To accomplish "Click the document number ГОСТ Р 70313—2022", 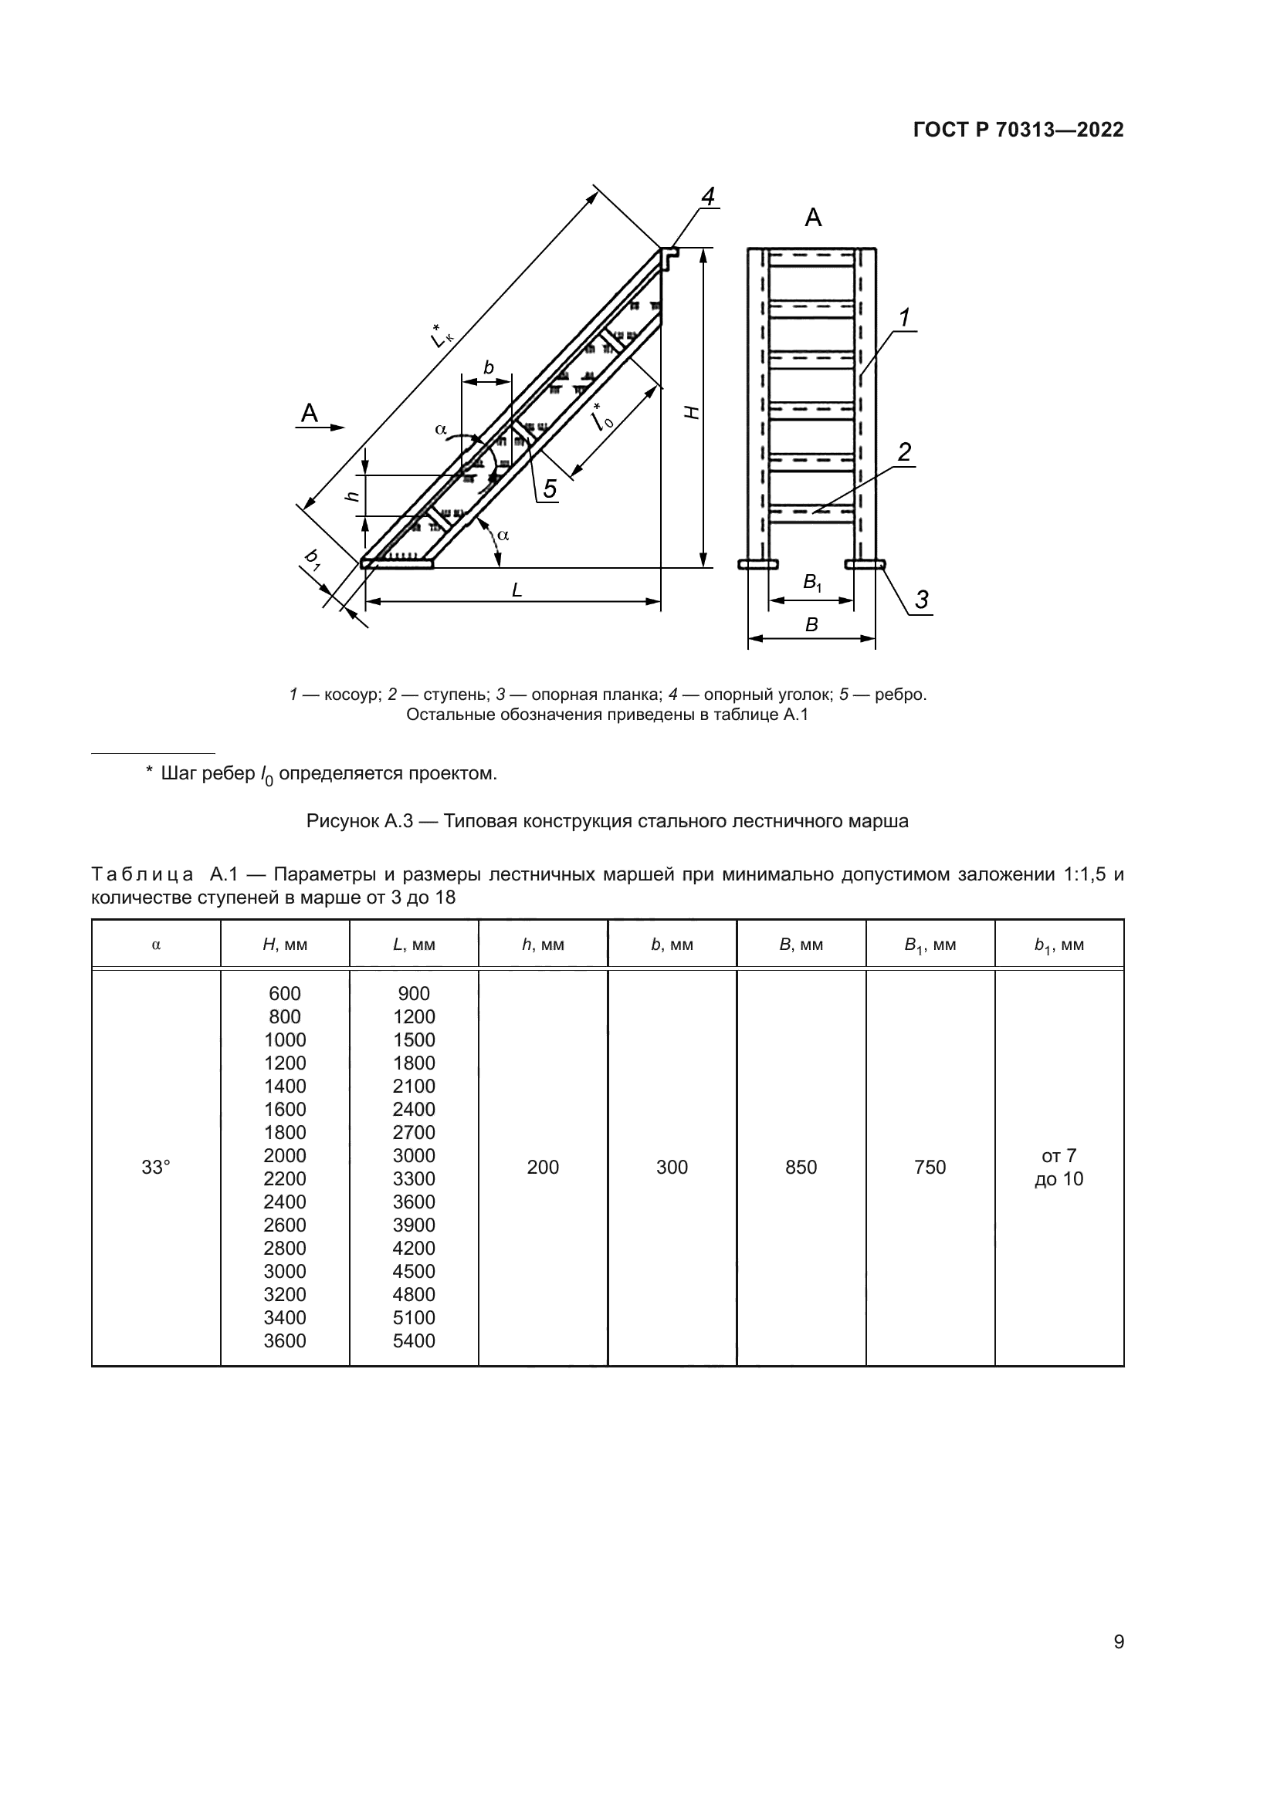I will coord(1018,130).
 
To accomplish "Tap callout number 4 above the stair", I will coord(708,197).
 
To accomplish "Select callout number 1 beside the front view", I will coord(904,319).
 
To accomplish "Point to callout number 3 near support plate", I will coord(922,600).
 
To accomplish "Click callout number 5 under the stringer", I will coord(550,489).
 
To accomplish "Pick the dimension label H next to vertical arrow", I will coord(691,412).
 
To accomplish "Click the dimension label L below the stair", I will coord(517,590).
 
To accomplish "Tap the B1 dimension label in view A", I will coord(811,583).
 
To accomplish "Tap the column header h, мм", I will coord(543,945).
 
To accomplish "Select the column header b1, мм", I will coord(1059,945).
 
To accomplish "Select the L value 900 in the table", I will coord(414,994).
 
